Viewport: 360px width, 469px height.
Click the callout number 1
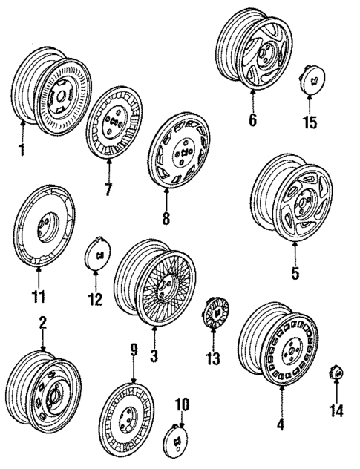22,151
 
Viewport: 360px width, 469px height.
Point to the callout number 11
38,298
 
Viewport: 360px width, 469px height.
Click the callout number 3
154,357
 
